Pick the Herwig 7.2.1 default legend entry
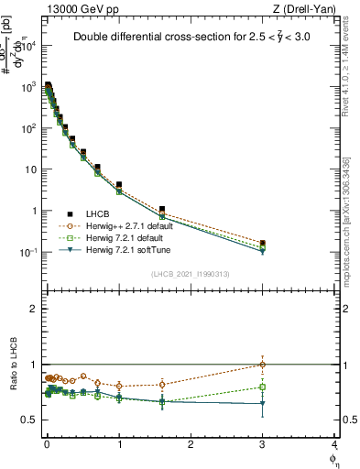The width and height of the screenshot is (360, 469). pos(121,237)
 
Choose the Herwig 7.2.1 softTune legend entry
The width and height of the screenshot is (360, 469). pos(122,249)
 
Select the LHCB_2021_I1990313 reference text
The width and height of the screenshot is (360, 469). pos(189,275)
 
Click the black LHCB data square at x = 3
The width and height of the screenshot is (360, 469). pos(263,244)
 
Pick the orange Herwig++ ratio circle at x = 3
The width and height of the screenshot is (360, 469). pos(263,365)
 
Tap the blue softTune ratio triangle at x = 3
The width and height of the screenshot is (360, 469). pos(263,403)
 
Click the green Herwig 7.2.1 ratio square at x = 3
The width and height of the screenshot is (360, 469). pos(263,387)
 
